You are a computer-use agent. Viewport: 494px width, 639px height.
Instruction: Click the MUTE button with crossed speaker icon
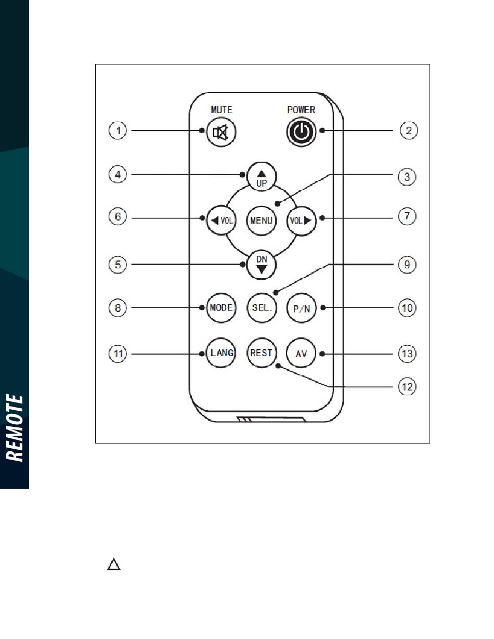pyautogui.click(x=221, y=132)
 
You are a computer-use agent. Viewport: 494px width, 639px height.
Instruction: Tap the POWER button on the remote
pyautogui.click(x=301, y=132)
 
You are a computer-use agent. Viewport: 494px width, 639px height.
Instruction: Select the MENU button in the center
pyautogui.click(x=261, y=220)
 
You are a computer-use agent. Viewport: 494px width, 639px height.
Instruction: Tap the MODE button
pyautogui.click(x=221, y=308)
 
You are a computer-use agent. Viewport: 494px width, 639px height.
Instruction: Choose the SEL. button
pyautogui.click(x=262, y=308)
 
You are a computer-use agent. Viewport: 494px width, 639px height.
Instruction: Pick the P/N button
pyautogui.click(x=302, y=308)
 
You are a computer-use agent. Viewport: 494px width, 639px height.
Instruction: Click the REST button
pyautogui.click(x=261, y=353)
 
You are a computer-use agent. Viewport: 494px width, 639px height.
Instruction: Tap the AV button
pyautogui.click(x=301, y=353)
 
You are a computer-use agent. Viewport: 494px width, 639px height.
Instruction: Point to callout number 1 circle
pyautogui.click(x=118, y=131)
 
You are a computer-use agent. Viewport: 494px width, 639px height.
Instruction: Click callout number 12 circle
pyautogui.click(x=407, y=387)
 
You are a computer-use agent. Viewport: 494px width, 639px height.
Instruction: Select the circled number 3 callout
pyautogui.click(x=407, y=177)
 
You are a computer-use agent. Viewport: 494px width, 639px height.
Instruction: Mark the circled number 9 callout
pyautogui.click(x=407, y=264)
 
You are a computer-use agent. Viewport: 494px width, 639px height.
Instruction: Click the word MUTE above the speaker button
pyautogui.click(x=222, y=110)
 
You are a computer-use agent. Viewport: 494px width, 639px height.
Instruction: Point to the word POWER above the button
pyautogui.click(x=301, y=110)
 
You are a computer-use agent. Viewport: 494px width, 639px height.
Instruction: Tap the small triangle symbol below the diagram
pyautogui.click(x=114, y=564)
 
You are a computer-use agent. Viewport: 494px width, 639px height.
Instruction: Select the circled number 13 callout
pyautogui.click(x=407, y=354)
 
